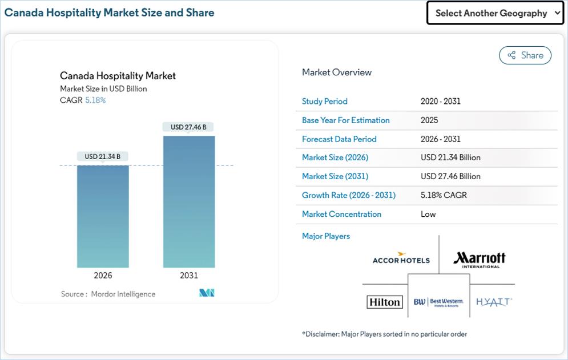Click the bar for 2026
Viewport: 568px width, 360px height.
(103, 216)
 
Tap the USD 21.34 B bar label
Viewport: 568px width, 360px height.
(103, 156)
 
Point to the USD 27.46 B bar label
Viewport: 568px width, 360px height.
(189, 127)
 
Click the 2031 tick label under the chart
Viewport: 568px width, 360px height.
(189, 276)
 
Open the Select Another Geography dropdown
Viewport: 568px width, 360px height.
(495, 13)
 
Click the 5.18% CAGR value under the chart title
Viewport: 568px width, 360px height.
(95, 100)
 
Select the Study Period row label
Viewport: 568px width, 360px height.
(325, 102)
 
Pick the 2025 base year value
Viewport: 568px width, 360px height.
(429, 120)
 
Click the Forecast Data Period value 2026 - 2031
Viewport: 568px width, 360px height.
(441, 139)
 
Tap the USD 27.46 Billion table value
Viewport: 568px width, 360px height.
(451, 176)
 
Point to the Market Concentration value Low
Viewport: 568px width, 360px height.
(428, 215)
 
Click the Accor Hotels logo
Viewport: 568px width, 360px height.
(401, 258)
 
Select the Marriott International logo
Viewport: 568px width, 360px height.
(480, 260)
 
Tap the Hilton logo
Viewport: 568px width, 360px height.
(385, 302)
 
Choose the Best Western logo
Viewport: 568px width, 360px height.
(438, 302)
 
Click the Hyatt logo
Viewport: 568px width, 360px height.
(494, 302)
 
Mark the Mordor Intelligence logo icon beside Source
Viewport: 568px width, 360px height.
(207, 293)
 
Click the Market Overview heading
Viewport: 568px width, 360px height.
(337, 72)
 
